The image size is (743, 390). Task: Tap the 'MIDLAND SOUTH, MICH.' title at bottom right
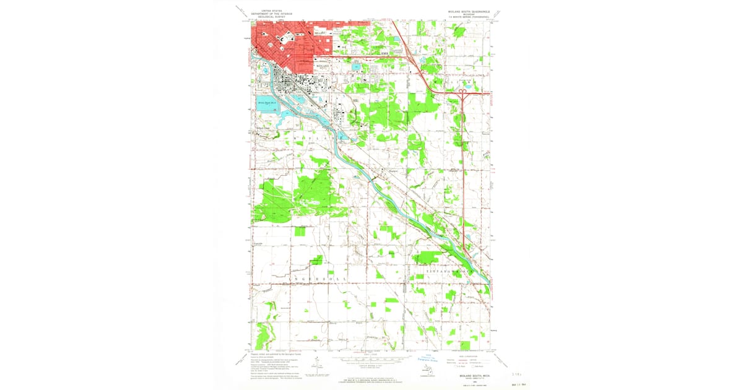click(471, 375)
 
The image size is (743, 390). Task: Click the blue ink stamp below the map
click(427, 358)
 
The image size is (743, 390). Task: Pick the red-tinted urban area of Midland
click(285, 43)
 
